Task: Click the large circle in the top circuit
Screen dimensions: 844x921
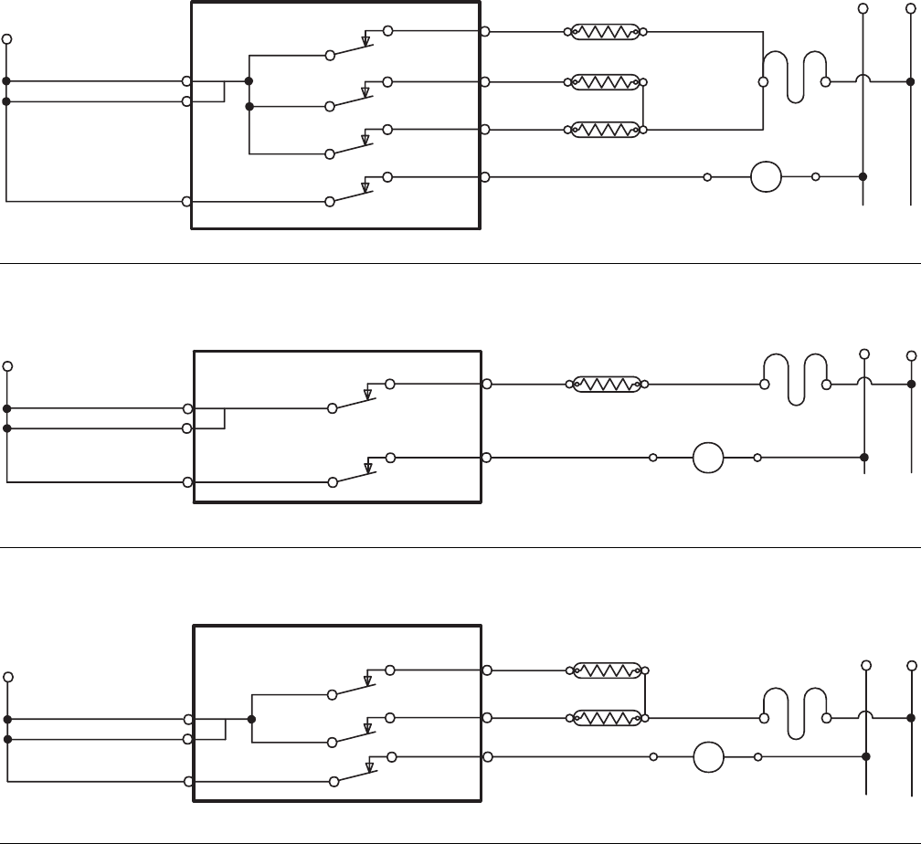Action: point(767,176)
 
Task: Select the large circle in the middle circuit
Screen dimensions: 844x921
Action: point(708,457)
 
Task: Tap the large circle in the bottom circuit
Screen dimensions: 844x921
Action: point(708,757)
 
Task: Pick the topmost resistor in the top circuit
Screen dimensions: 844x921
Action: point(608,32)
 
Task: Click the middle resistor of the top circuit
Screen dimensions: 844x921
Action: point(608,82)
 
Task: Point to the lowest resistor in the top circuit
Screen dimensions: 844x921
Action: point(608,130)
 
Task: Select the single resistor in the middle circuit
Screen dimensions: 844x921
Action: point(608,385)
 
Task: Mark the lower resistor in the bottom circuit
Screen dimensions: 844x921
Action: point(608,718)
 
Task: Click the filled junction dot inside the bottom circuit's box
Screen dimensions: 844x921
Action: point(250,718)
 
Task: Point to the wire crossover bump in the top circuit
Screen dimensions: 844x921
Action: point(863,79)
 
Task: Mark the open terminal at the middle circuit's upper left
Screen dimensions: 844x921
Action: point(7,366)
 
